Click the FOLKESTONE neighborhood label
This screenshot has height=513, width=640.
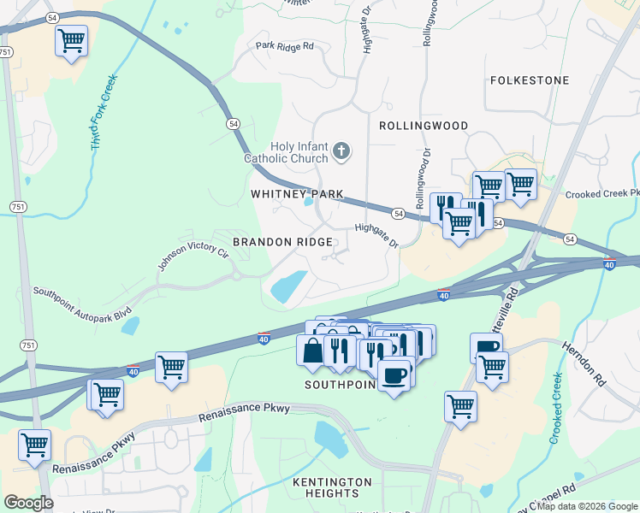pos(530,80)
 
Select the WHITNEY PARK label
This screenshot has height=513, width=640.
pos(296,195)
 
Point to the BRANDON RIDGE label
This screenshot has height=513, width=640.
pos(282,243)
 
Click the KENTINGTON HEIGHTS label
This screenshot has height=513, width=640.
pos(332,488)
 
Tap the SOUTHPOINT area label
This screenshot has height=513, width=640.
pos(341,386)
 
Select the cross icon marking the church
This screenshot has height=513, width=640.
pos(341,152)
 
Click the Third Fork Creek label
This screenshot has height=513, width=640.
pos(104,114)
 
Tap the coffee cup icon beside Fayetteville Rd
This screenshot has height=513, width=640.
pos(486,346)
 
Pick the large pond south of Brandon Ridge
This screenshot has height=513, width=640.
pos(288,286)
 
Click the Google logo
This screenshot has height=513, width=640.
pos(28,503)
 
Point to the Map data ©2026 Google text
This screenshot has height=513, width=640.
pos(587,506)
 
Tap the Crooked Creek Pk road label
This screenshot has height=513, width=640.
pos(602,194)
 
